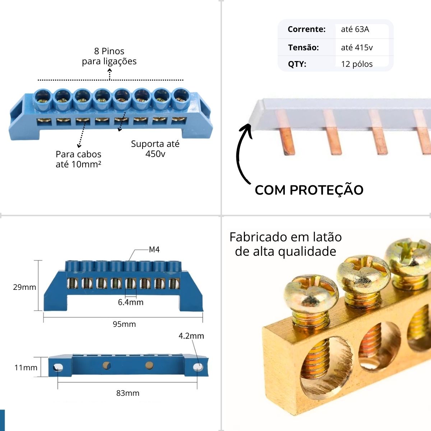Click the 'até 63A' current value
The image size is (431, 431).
[355, 29]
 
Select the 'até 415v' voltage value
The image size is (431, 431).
[357, 47]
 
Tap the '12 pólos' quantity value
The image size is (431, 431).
[357, 64]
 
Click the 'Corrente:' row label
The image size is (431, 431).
[306, 29]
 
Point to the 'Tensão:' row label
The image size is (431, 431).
[303, 47]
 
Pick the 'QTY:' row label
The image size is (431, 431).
[297, 64]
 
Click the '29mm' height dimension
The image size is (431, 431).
[24, 287]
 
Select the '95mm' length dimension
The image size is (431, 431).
[124, 324]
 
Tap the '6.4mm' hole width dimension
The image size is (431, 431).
[131, 302]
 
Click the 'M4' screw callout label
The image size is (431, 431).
[154, 250]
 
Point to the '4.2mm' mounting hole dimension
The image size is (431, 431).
[191, 336]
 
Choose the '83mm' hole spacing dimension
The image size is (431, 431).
[128, 393]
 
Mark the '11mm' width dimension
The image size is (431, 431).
[26, 367]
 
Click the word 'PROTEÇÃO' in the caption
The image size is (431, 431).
[326, 190]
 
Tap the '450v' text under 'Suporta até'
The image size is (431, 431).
[155, 154]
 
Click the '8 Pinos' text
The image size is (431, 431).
[109, 51]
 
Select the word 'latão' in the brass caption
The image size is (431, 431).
[327, 237]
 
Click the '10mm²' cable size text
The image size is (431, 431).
[86, 164]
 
